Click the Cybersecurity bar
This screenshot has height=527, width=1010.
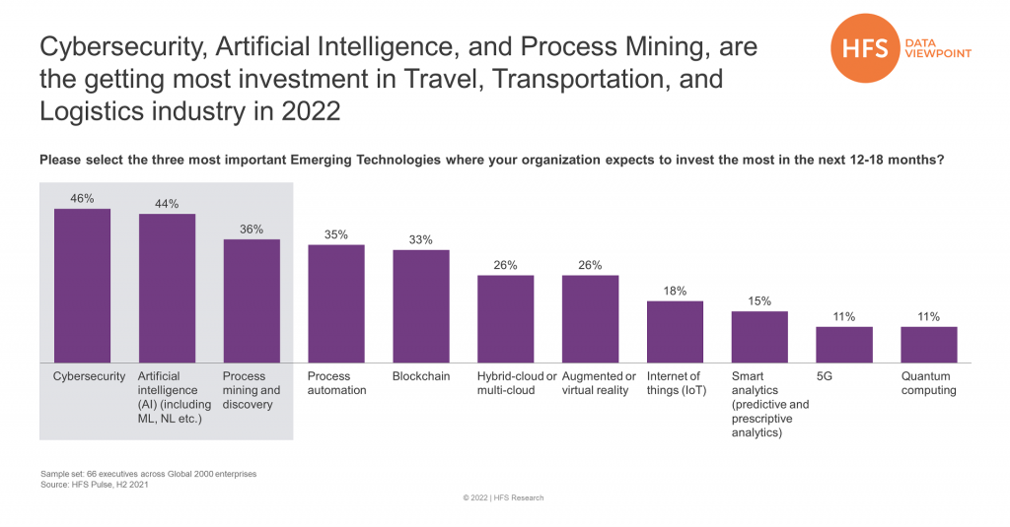coord(82,286)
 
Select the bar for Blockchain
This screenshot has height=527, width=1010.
coord(421,306)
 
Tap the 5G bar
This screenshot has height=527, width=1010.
coord(844,344)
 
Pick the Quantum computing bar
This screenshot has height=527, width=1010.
coord(929,344)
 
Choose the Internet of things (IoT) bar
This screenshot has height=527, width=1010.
coord(675,331)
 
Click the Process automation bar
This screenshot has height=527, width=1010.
coord(336,303)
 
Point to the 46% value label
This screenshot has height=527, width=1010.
coord(82,198)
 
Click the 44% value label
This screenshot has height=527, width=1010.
coord(167,204)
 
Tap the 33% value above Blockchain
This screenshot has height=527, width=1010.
coord(421,239)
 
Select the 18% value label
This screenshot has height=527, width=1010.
coord(675,291)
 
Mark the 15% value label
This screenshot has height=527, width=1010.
coord(759,300)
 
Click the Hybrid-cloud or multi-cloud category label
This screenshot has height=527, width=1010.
coord(518,383)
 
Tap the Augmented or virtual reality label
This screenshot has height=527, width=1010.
coord(599,383)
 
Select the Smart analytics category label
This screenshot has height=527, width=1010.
coord(769,404)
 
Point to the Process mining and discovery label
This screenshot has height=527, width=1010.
coord(248,390)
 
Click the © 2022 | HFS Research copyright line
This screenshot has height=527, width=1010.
coord(503,498)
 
